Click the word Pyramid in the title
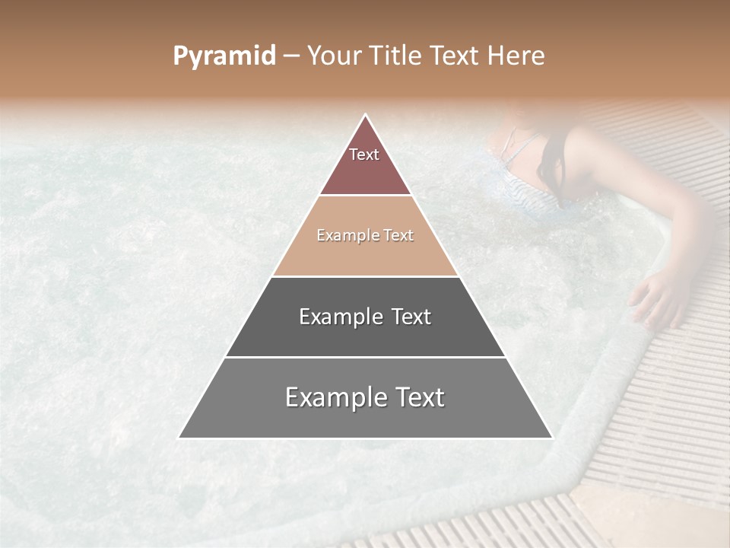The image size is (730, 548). pyautogui.click(x=224, y=56)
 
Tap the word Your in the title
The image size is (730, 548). pyautogui.click(x=335, y=56)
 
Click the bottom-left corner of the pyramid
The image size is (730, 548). pyautogui.click(x=180, y=437)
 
